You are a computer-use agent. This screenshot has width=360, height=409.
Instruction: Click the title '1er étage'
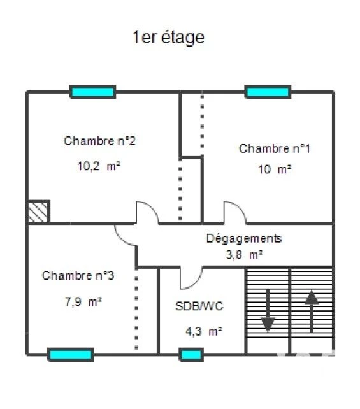[x=168, y=38]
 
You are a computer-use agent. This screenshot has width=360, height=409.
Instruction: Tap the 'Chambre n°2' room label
[x=99, y=141]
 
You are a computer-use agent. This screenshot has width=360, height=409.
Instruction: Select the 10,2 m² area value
[x=99, y=166]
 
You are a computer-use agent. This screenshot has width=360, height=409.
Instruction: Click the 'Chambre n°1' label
[x=275, y=148]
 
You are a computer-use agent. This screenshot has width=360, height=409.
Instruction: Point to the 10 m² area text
[x=275, y=169]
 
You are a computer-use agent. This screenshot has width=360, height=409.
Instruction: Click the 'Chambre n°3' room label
[x=78, y=275]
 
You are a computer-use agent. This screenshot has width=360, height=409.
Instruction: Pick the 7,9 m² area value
[x=83, y=302]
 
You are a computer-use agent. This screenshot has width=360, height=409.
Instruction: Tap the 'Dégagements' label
[x=244, y=239]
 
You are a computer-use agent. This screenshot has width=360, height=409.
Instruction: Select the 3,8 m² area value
[x=244, y=255]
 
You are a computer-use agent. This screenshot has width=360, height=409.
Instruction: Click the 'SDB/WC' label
[x=199, y=306]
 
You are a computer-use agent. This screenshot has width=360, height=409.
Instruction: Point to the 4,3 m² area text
[x=204, y=331]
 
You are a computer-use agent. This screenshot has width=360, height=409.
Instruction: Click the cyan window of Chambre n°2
[x=92, y=92]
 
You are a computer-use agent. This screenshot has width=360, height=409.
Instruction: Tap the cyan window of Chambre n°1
[x=268, y=92]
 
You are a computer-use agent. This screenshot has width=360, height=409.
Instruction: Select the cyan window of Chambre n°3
[x=71, y=355]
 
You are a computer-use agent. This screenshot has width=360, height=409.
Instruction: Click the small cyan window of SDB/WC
[x=191, y=355]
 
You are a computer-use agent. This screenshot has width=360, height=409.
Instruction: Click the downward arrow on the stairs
[x=268, y=310]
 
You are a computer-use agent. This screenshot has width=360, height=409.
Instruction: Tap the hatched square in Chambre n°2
[x=38, y=212]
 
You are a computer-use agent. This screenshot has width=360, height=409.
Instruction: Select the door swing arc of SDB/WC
[x=196, y=284]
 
